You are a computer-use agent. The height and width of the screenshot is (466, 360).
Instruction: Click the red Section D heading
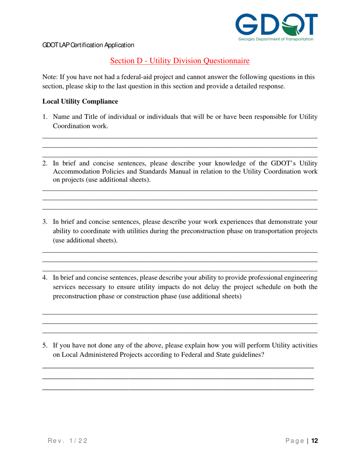point(180,61)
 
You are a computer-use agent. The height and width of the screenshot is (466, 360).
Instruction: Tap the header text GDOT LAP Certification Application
point(88,45)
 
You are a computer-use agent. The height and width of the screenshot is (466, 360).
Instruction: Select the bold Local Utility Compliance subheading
point(80,102)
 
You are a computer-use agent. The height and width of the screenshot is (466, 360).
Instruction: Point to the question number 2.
point(44,164)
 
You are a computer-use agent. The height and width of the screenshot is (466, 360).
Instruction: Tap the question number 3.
point(44,222)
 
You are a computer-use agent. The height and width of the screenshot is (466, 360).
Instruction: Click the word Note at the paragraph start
point(49,77)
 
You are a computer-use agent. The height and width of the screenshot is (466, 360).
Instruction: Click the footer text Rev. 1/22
point(67,441)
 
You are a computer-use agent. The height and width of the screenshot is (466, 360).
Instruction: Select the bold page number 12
point(314,441)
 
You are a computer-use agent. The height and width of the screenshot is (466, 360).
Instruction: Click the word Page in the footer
point(294,441)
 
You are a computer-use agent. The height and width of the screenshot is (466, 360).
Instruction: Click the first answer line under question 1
point(180,138)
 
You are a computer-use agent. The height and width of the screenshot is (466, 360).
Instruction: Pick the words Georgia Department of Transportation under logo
point(275,39)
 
